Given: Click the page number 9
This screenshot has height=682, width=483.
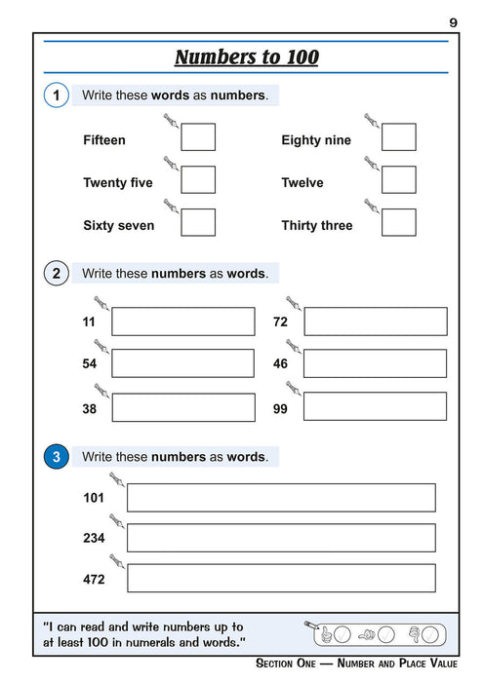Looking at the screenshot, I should pyautogui.click(x=454, y=21).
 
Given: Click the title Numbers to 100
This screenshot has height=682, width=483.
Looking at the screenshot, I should pyautogui.click(x=246, y=57).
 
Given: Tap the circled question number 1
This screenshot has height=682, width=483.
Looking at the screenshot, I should pyautogui.click(x=57, y=95).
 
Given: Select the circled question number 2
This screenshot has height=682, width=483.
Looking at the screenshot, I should pyautogui.click(x=57, y=274).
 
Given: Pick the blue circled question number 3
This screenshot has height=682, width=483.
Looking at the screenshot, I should pyautogui.click(x=57, y=457).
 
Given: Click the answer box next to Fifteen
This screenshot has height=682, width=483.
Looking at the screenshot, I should pyautogui.click(x=198, y=138).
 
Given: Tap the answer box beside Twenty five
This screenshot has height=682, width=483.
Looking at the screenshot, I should pyautogui.click(x=198, y=180).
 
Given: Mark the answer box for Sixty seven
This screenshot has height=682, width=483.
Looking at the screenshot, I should pyautogui.click(x=198, y=223).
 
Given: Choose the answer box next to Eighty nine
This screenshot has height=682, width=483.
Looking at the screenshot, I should pyautogui.click(x=398, y=138).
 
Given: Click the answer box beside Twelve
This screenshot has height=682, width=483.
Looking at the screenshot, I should pyautogui.click(x=398, y=180).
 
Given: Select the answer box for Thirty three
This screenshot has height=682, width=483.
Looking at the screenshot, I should pyautogui.click(x=398, y=223).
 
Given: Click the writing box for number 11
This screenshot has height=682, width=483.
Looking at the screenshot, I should pyautogui.click(x=182, y=322).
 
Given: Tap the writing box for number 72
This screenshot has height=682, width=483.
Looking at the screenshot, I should pyautogui.click(x=375, y=322).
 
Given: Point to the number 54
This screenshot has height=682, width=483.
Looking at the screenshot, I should pyautogui.click(x=90, y=363).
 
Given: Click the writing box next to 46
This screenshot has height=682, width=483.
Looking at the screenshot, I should pyautogui.click(x=375, y=363).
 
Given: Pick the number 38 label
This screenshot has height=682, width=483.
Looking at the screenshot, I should pyautogui.click(x=90, y=409).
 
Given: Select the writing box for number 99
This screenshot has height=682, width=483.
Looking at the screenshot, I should pyautogui.click(x=375, y=407).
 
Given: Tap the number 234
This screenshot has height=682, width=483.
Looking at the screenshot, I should pyautogui.click(x=94, y=538).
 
